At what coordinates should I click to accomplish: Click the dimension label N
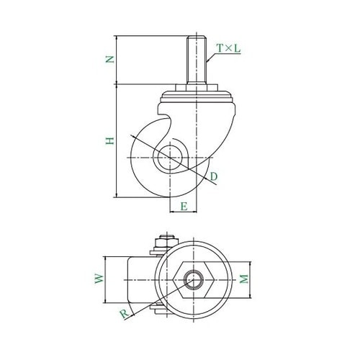110,59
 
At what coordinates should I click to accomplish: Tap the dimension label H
110,140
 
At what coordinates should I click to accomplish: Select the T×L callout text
228,48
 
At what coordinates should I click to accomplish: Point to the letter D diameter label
213,176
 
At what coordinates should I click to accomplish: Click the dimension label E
184,207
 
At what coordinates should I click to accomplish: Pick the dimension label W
99,279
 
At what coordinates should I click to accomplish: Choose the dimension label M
244,279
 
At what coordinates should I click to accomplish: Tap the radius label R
125,314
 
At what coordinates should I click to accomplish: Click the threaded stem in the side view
197,60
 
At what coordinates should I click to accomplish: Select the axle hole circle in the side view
170,158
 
